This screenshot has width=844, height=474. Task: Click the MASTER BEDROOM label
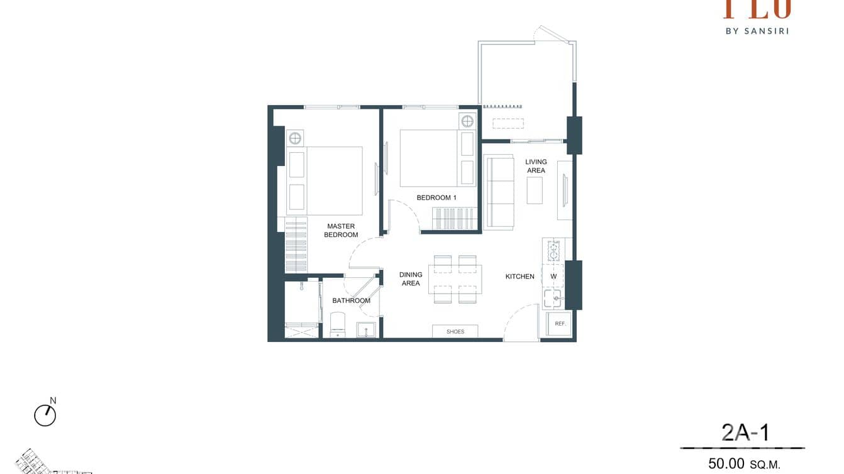(x=341, y=231)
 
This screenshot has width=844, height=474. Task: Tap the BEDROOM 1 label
(x=436, y=197)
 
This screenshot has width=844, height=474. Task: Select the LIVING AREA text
(x=536, y=166)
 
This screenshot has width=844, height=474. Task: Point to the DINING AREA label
(x=411, y=279)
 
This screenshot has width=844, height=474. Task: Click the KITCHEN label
(x=520, y=277)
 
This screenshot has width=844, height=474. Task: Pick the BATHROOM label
(x=351, y=300)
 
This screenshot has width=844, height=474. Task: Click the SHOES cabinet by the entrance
(x=455, y=331)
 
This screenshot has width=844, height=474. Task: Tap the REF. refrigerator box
(x=560, y=324)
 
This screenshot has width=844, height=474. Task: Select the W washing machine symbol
(x=553, y=276)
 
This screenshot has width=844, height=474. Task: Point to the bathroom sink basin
(x=365, y=329)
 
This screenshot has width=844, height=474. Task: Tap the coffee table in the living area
(x=535, y=190)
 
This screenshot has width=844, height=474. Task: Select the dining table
(x=455, y=280)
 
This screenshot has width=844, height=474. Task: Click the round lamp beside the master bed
(x=295, y=138)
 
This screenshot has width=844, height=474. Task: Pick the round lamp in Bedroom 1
(x=467, y=121)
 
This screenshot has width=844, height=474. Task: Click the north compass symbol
(x=45, y=415)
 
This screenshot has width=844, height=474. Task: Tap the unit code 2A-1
(x=745, y=433)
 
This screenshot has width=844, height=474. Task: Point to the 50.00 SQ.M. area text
(x=744, y=464)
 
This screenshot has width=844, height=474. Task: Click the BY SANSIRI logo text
(x=757, y=30)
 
